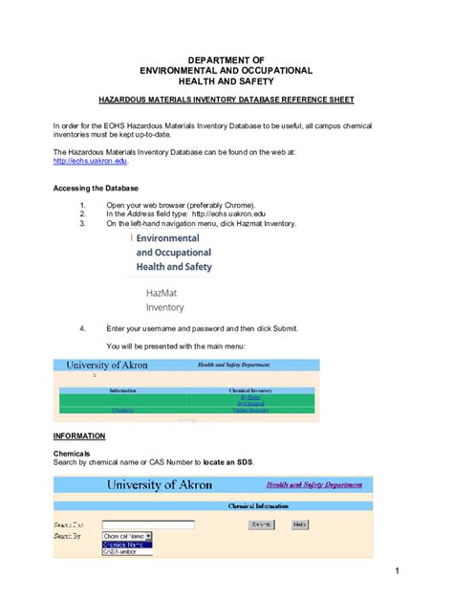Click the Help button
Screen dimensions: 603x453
[299, 525]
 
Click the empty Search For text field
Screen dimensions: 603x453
[148, 525]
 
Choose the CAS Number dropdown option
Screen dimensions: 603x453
[119, 551]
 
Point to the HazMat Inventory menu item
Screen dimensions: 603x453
[165, 301]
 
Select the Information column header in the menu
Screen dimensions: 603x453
[122, 391]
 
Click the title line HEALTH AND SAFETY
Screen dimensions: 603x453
[226, 82]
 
